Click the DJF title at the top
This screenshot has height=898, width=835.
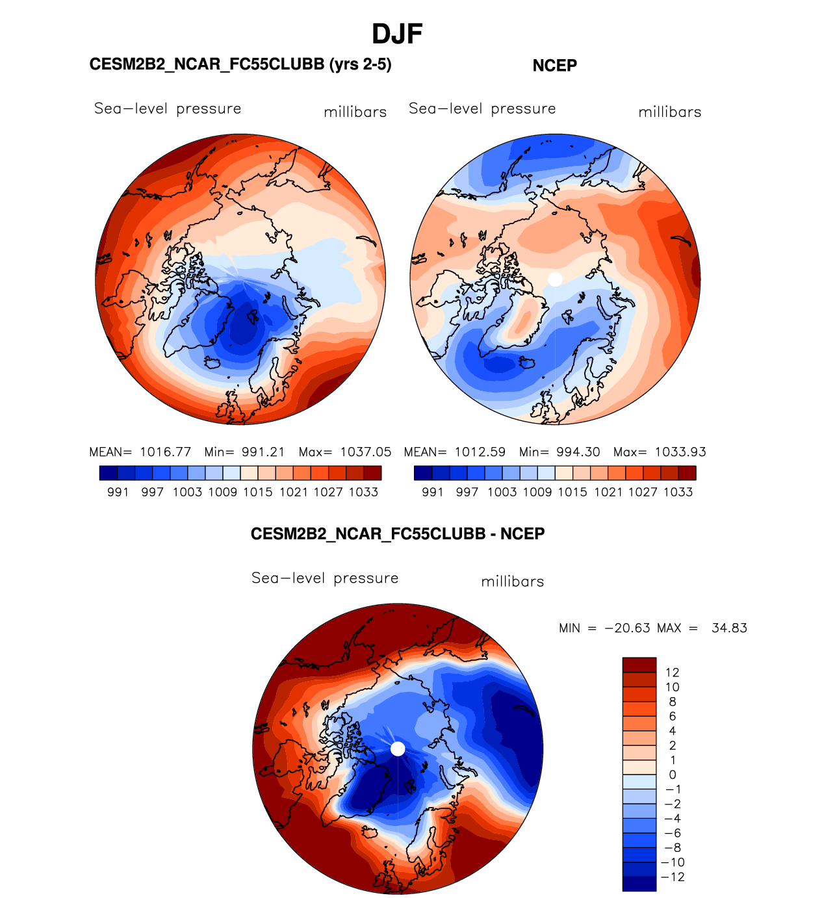click(x=397, y=34)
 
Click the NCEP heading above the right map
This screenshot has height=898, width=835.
click(x=554, y=66)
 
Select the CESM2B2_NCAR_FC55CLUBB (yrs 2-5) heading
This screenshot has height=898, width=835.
click(x=240, y=64)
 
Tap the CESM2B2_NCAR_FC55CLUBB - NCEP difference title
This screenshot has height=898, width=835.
click(x=397, y=534)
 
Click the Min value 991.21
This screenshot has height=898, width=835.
click(x=263, y=452)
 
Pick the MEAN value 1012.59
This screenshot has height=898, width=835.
click(x=480, y=452)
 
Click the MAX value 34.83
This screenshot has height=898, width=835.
click(x=729, y=628)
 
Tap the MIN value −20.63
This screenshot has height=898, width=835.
click(x=627, y=628)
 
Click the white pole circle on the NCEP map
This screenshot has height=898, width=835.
click(x=555, y=279)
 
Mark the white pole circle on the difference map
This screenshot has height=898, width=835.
click(x=398, y=749)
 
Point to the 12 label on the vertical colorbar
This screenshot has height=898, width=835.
click(x=672, y=673)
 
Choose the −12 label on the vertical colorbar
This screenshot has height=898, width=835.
click(x=673, y=877)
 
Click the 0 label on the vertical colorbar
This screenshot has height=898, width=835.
click(x=672, y=775)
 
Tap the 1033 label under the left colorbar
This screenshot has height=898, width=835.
click(x=363, y=492)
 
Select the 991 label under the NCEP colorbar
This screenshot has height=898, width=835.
click(x=433, y=492)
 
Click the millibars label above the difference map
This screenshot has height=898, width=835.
click(x=512, y=582)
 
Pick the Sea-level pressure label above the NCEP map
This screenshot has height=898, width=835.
click(x=482, y=109)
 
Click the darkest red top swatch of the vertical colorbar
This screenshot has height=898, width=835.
click(x=639, y=665)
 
